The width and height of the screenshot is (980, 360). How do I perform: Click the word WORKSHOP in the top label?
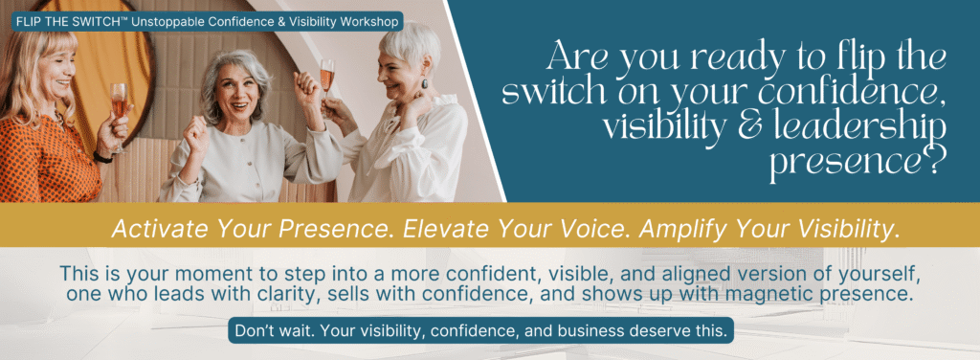click(369, 22)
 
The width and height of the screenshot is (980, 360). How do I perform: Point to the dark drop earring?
click(425, 83)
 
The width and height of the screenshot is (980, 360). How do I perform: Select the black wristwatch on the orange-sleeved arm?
click(102, 156)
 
